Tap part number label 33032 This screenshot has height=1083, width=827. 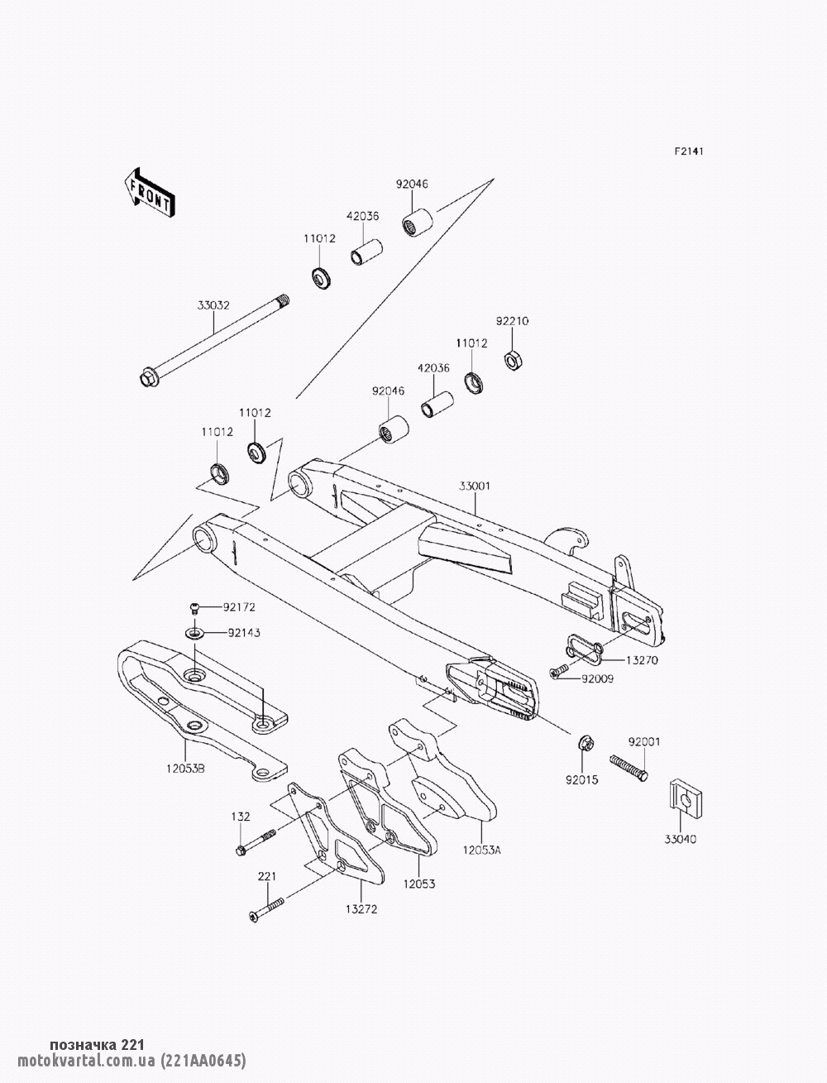(213, 305)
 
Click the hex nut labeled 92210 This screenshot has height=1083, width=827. (512, 360)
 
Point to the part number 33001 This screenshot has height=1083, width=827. (474, 487)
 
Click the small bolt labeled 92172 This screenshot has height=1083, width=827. (196, 608)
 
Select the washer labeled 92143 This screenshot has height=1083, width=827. (194, 634)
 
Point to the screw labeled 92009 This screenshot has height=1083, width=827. (559, 673)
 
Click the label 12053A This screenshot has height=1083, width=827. (482, 849)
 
